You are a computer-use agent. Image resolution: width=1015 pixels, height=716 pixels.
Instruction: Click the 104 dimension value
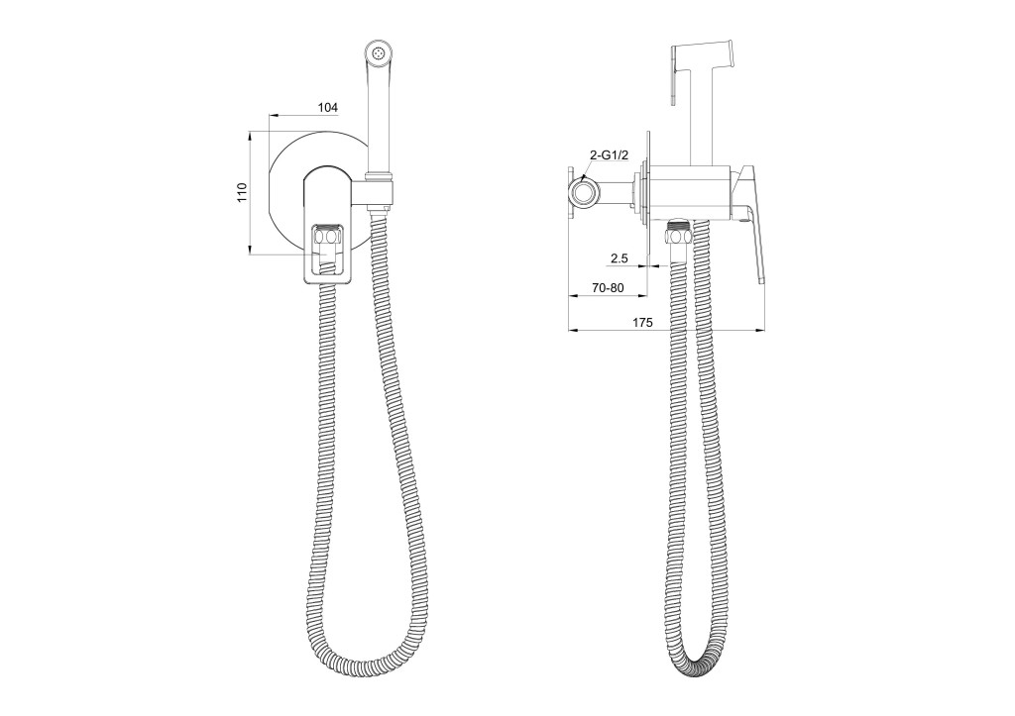click(x=328, y=107)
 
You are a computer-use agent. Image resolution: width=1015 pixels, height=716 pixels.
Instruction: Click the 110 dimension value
click(x=242, y=193)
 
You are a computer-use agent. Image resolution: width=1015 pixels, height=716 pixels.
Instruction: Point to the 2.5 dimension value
click(x=619, y=258)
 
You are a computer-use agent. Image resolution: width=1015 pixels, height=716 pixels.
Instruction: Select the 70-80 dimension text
click(x=608, y=288)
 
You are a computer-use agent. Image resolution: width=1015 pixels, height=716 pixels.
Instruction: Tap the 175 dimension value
click(x=642, y=322)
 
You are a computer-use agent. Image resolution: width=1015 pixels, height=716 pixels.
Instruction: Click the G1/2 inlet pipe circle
click(x=585, y=192)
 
